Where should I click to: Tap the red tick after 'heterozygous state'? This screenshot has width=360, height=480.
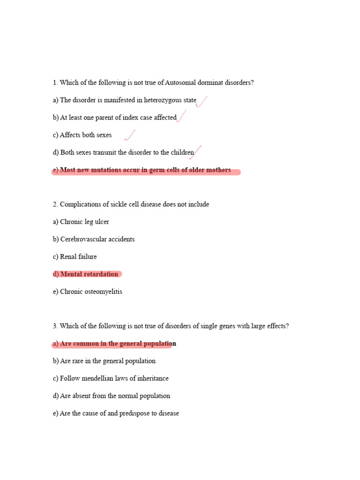(202, 101)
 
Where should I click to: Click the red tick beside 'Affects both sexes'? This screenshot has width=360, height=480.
(130, 135)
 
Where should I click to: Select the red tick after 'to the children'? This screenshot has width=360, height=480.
(198, 151)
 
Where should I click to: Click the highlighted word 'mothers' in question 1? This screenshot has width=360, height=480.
(218, 170)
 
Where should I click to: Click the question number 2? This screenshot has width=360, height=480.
(55, 204)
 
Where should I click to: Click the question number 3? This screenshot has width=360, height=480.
(55, 326)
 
